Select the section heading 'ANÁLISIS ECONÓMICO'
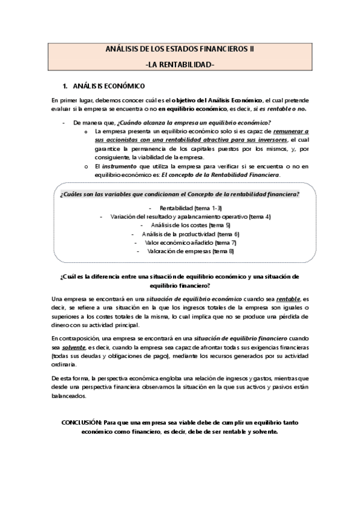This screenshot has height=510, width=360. [x=108, y=87]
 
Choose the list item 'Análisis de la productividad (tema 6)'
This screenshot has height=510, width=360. [x=182, y=234]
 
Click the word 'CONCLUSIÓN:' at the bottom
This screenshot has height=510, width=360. [x=82, y=423]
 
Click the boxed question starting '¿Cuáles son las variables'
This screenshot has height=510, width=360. [x=180, y=194]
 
